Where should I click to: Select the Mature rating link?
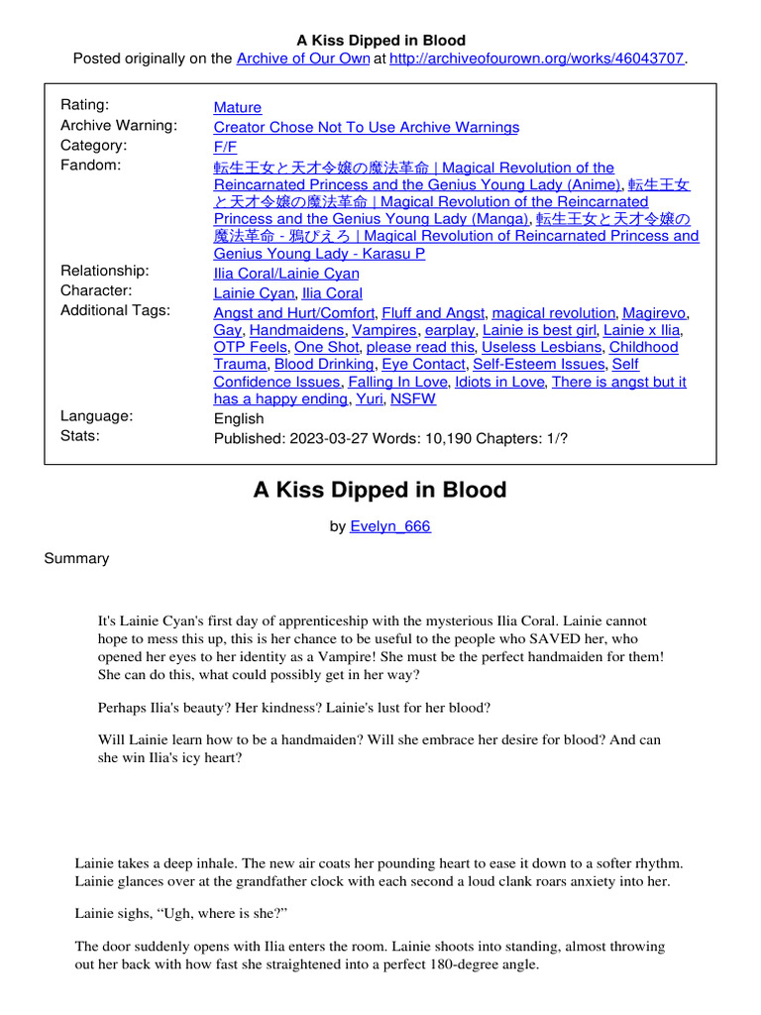click(238, 107)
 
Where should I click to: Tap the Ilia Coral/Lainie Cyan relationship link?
click(286, 274)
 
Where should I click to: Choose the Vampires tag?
click(384, 330)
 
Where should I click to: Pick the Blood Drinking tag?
click(324, 365)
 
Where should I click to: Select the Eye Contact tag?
click(423, 365)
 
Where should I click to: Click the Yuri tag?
click(370, 399)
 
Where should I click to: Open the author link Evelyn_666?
click(390, 527)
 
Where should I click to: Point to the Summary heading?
click(76, 559)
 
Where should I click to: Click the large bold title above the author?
click(380, 491)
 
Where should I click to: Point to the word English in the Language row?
click(239, 418)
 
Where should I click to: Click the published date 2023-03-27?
click(322, 437)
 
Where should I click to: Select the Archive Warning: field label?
click(119, 126)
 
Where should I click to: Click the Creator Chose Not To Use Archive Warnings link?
click(366, 128)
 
